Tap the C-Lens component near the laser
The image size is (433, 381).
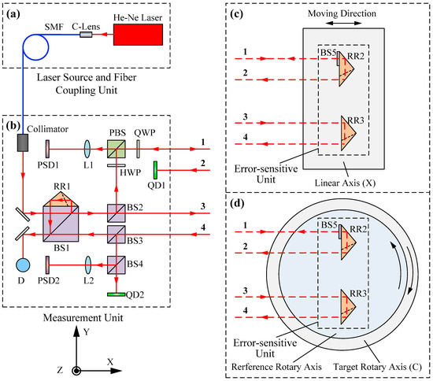click(86, 35)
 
